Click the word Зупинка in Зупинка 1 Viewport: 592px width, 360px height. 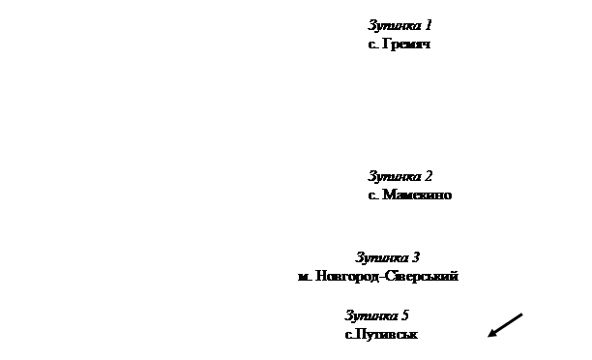[x=395, y=26]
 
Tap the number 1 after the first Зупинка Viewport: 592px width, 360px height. [x=429, y=25]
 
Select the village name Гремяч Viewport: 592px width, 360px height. [x=406, y=45]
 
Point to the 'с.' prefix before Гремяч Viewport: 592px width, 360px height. [x=373, y=45]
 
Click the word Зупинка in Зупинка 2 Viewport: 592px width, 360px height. [x=395, y=176]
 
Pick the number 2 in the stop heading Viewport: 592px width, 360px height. [x=429, y=176]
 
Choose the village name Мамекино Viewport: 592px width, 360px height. [x=417, y=195]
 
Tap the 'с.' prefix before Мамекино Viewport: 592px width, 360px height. [x=373, y=195]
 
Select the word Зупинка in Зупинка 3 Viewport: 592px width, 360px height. [x=382, y=258]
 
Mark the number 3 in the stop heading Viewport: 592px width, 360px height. [x=416, y=257]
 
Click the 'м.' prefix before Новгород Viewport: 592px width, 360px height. [x=305, y=278]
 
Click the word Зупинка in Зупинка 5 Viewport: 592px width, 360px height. [x=371, y=315]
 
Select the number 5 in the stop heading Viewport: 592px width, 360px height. [x=405, y=315]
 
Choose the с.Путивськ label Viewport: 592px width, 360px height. [x=381, y=334]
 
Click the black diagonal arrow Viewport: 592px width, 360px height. [x=505, y=325]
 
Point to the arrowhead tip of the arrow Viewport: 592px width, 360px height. [x=488, y=336]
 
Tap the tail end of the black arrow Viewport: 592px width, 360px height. [x=522, y=314]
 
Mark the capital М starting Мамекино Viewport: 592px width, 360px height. [x=389, y=195]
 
